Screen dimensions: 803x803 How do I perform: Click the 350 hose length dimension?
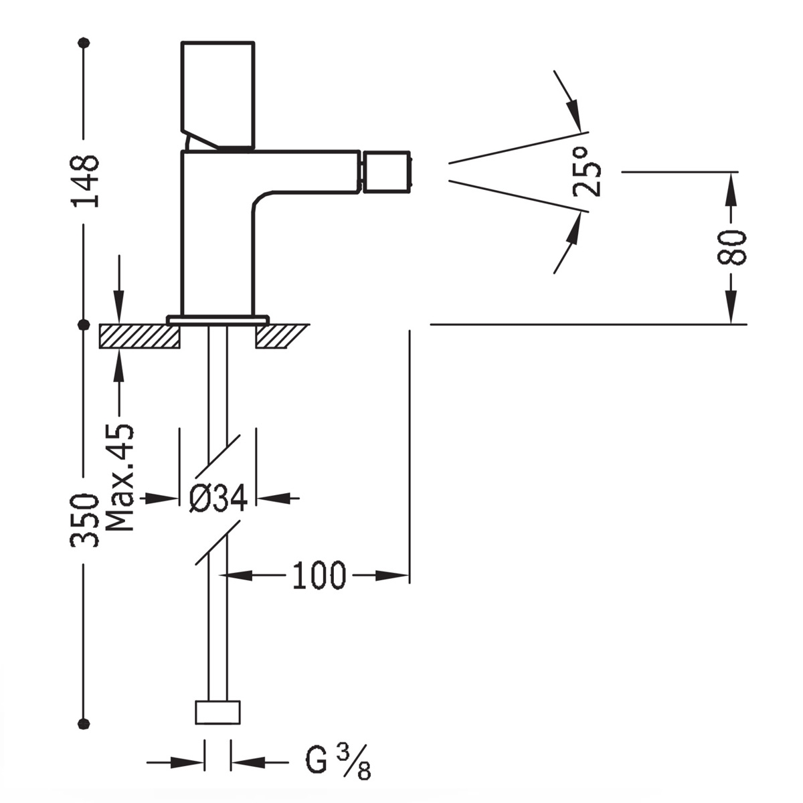pyautogui.click(x=85, y=521)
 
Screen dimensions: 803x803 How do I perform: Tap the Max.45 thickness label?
pyautogui.click(x=120, y=476)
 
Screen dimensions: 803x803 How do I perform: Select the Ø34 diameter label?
pyautogui.click(x=218, y=499)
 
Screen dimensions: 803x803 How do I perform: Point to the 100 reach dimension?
pyautogui.click(x=319, y=575)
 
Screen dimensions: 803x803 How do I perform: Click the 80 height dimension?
pyautogui.click(x=731, y=248)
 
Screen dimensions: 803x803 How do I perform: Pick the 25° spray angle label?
pyautogui.click(x=588, y=172)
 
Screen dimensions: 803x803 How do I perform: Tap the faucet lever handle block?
pyautogui.click(x=219, y=94)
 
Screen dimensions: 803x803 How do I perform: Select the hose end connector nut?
pyautogui.click(x=217, y=712)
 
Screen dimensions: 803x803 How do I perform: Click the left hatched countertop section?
pyautogui.click(x=139, y=336)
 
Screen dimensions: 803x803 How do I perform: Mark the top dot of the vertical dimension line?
pyautogui.click(x=84, y=43)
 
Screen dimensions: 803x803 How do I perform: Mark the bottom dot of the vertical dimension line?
pyautogui.click(x=84, y=723)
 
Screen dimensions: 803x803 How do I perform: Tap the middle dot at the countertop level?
pyautogui.click(x=84, y=325)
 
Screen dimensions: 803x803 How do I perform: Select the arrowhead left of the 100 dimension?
pyautogui.click(x=238, y=575)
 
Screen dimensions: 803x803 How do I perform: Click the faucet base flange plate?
pyautogui.click(x=218, y=320)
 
